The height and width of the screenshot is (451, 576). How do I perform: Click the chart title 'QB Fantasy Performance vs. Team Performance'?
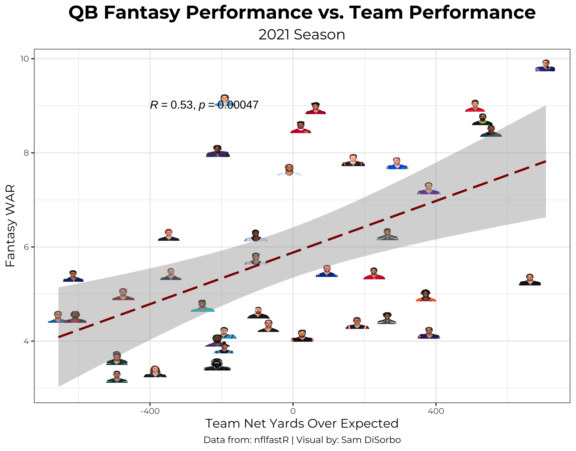coord(302,13)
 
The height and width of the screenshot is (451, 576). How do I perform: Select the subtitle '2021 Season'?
coord(302,35)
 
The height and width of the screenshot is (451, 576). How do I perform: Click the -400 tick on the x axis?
coord(150,411)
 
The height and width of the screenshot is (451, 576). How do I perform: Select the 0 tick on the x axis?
coord(293,411)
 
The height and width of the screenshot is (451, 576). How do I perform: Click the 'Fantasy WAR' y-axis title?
coord(11,225)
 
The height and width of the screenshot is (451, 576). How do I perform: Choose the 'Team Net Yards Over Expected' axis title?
coord(302,424)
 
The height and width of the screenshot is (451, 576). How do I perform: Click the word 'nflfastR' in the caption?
coord(271,440)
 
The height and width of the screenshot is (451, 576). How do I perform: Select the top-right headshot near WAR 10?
coord(545,66)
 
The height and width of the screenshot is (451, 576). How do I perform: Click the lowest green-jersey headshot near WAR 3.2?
coord(117,377)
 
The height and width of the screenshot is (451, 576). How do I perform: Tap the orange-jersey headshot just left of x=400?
coord(426,296)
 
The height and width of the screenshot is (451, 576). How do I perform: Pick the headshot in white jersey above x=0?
coord(289,170)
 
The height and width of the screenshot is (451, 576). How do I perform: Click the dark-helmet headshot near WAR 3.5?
coord(217,364)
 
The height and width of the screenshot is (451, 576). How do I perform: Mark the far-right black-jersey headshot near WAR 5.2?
coord(530,280)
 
